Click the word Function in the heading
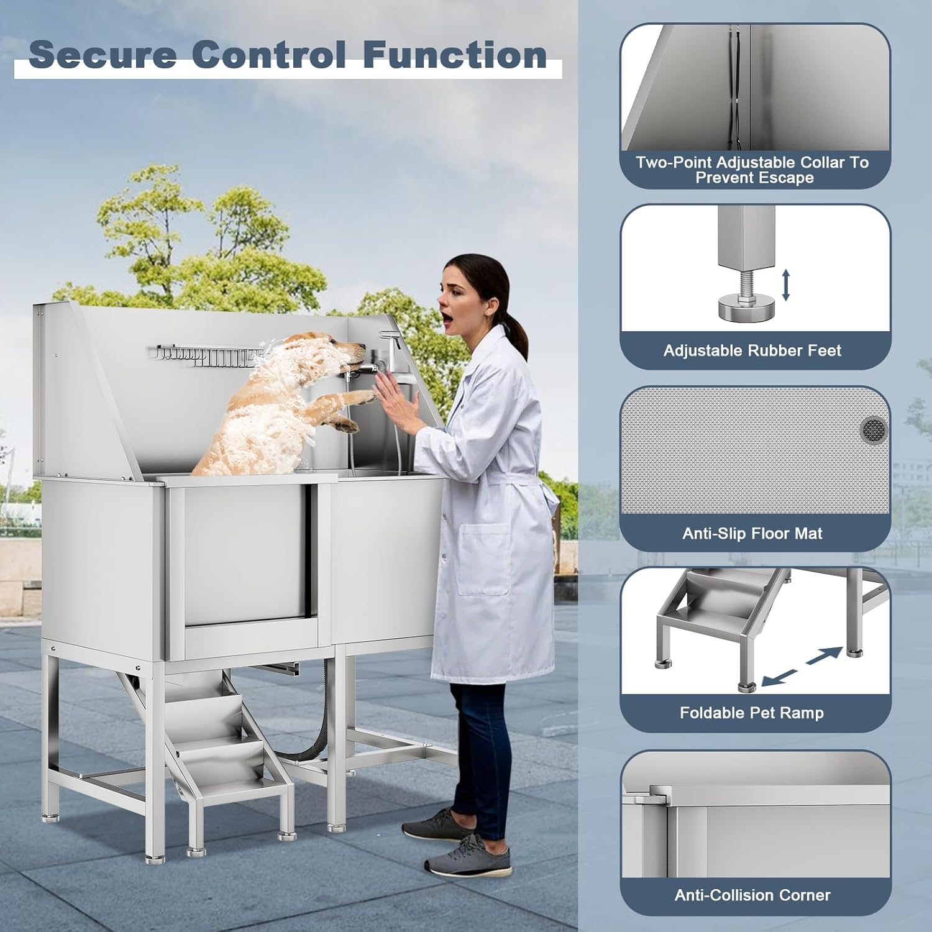pos(455,55)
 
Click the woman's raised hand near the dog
pos(395,398)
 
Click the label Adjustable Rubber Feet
pos(752,350)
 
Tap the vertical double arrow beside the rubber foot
pos(785,285)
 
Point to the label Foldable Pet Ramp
pos(752,713)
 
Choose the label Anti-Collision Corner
pos(752,895)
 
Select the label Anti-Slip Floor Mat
pos(752,533)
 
